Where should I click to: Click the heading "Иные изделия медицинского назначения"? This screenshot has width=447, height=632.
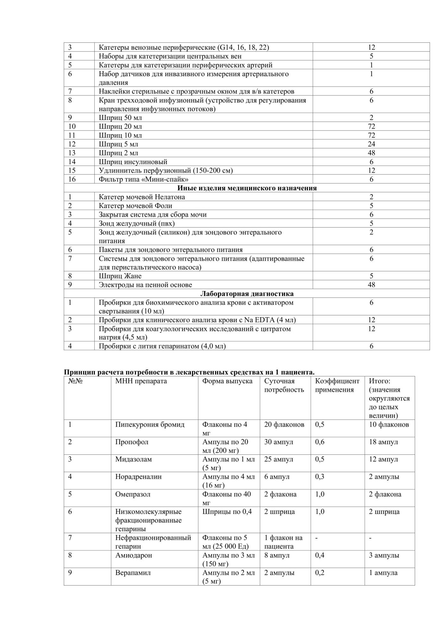click(x=247, y=188)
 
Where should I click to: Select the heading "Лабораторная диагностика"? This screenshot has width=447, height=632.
click(x=247, y=294)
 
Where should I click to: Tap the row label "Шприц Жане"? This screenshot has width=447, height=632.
click(x=120, y=276)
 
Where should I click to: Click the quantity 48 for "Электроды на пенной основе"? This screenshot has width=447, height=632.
click(x=371, y=285)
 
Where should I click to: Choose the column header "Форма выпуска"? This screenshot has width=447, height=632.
click(x=227, y=381)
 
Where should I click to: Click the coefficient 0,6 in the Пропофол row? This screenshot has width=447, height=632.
click(x=320, y=442)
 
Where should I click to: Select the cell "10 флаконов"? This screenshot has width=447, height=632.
click(x=389, y=424)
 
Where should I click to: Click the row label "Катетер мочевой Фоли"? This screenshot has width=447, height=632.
click(x=135, y=206)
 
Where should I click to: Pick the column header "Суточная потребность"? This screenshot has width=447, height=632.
click(x=284, y=385)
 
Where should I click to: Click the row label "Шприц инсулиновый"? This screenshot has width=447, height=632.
click(x=133, y=162)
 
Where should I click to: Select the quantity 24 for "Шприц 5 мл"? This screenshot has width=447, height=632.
click(x=371, y=144)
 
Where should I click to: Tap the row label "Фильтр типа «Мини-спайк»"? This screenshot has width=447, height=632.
click(x=144, y=179)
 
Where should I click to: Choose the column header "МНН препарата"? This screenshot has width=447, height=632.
click(x=141, y=381)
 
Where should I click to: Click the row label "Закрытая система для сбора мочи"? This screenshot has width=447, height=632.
click(x=152, y=215)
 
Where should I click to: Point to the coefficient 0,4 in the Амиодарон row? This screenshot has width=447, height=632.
click(x=320, y=555)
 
